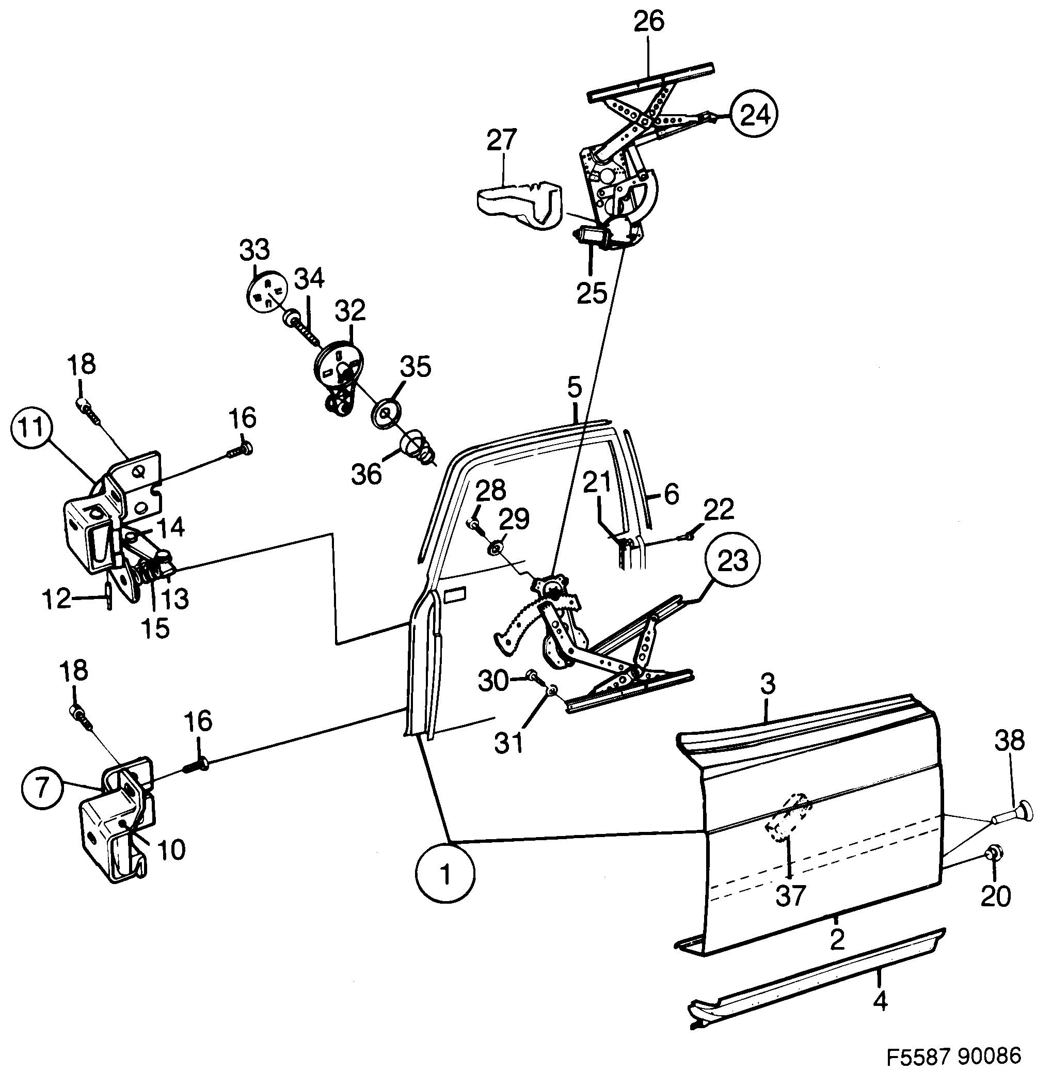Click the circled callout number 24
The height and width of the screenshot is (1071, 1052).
[754, 115]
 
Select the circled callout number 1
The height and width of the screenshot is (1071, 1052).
[445, 874]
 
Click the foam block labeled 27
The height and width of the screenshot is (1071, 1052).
[517, 201]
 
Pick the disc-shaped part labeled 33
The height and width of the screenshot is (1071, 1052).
[266, 292]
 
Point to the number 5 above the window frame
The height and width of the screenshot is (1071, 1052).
[575, 388]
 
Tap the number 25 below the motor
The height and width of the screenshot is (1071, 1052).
[592, 292]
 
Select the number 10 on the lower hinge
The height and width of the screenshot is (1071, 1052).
[171, 850]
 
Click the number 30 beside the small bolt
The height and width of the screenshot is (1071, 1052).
[493, 681]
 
